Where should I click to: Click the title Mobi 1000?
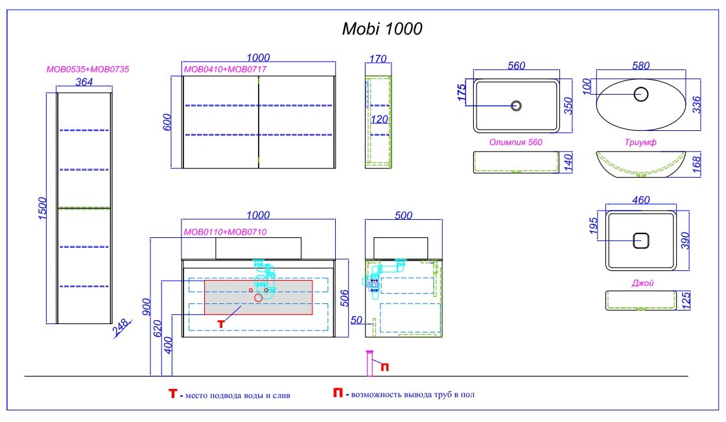[x=382, y=29]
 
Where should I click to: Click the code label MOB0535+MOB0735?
[x=90, y=69]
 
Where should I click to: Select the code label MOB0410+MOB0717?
[x=226, y=69]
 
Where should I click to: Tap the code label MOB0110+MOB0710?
[x=226, y=231]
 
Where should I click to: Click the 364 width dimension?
[x=84, y=82]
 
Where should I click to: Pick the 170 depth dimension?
[x=377, y=59]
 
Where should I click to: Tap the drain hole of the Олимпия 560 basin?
[x=517, y=105]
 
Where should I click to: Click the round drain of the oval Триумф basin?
[x=641, y=95]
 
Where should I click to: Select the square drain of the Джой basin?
[x=641, y=240]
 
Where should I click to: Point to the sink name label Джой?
[x=642, y=283]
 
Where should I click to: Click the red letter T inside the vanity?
[x=220, y=322]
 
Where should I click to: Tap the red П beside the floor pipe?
[x=384, y=368]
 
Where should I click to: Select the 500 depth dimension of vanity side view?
[x=404, y=217]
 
